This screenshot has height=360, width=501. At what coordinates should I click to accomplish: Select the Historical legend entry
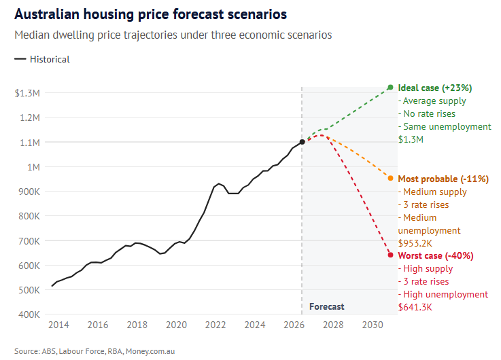pos(42,59)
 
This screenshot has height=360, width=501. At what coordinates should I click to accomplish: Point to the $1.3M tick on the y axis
pos(28,93)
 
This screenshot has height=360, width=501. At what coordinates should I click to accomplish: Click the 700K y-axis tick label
pos(30,241)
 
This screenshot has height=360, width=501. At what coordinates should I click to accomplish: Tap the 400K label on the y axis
pos(30,314)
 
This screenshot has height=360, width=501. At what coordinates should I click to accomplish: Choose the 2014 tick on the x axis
pos(58,325)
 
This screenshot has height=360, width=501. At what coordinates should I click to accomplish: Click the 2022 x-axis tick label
pos(216,325)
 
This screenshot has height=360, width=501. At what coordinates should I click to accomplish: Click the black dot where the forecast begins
pos(303,142)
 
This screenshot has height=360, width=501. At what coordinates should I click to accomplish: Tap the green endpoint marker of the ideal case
pos(390,88)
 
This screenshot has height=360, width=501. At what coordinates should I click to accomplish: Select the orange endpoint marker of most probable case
pos(390,178)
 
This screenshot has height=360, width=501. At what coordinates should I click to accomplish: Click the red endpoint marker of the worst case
pos(390,255)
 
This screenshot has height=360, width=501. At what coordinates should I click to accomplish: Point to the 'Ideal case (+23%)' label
pos(435,88)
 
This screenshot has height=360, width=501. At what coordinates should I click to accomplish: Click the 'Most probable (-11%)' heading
pos(443,179)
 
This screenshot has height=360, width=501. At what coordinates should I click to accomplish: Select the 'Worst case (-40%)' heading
pos(436,255)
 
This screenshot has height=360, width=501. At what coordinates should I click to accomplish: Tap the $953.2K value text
pos(416,242)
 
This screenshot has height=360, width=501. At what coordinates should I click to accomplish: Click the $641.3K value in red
pos(415,307)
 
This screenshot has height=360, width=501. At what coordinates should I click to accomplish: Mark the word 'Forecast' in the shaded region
pos(327,306)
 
